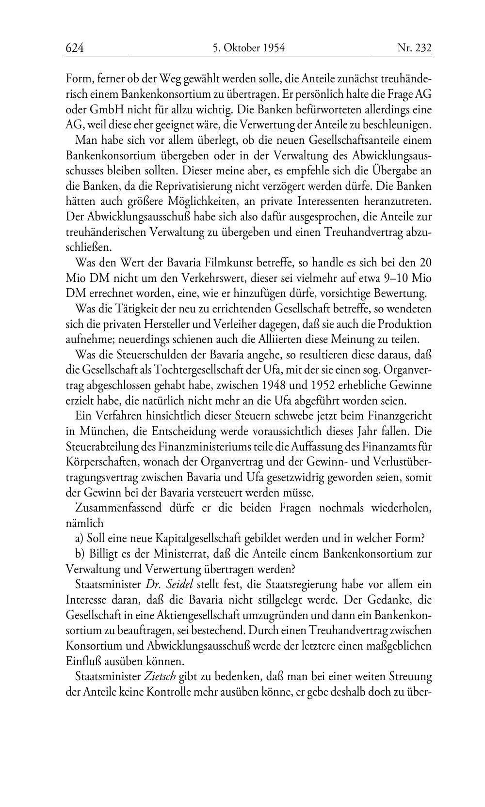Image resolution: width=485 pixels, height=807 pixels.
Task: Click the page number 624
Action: point(75,47)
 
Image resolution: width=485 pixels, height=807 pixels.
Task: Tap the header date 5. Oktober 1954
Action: point(248,47)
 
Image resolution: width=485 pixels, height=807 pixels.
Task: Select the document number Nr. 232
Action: point(414,47)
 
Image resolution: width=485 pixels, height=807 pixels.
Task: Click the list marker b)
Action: point(81,554)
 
